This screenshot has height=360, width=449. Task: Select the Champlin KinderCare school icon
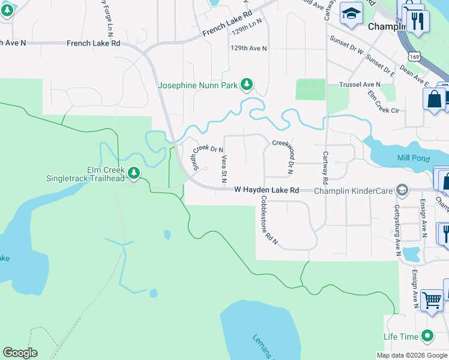tap(402, 190)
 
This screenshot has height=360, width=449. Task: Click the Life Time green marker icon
tap(427, 335)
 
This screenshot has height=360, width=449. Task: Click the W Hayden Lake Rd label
tap(266, 190)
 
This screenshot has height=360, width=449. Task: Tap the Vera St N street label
tap(223, 166)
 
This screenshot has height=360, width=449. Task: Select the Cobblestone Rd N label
tap(268, 220)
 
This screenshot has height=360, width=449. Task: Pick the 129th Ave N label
tap(249, 47)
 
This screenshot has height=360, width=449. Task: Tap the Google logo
tap(20, 353)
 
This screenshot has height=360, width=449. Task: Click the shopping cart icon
tap(432, 300)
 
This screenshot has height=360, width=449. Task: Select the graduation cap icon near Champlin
tap(351, 13)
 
